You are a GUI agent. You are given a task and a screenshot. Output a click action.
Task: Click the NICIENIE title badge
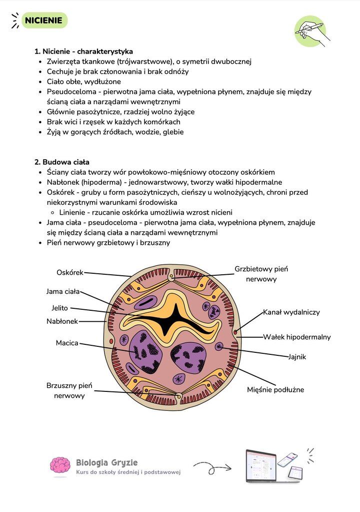coord(44,20)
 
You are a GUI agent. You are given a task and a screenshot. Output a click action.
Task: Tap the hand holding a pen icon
coord(311,32)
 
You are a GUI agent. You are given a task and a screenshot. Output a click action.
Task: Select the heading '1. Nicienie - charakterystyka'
coord(84,51)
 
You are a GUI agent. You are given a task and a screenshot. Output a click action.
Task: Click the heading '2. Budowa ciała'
coord(62,162)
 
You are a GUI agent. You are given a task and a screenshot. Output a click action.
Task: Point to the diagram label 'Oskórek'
coord(70,272)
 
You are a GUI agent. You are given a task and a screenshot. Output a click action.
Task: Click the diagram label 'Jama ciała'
coord(63,291)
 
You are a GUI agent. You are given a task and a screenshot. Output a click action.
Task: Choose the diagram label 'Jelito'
coord(59,308)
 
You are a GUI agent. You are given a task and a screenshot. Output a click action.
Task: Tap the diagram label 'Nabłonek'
coord(62,321)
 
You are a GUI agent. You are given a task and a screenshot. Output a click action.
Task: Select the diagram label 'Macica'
coord(67,343)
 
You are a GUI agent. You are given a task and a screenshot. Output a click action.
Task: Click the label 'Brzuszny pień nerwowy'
coord(69,390)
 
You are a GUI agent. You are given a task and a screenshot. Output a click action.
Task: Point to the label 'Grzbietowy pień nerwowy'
coord(261,274)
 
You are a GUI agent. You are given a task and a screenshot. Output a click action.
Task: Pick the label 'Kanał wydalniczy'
coord(291,312)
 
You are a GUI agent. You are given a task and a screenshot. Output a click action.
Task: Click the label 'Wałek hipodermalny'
coord(296,337)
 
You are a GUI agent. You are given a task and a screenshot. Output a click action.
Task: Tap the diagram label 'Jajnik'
coord(296,356)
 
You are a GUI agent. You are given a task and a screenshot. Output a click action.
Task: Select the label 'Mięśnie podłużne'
coord(275,389)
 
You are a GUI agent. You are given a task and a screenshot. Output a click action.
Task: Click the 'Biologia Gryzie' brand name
coord(106,462)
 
